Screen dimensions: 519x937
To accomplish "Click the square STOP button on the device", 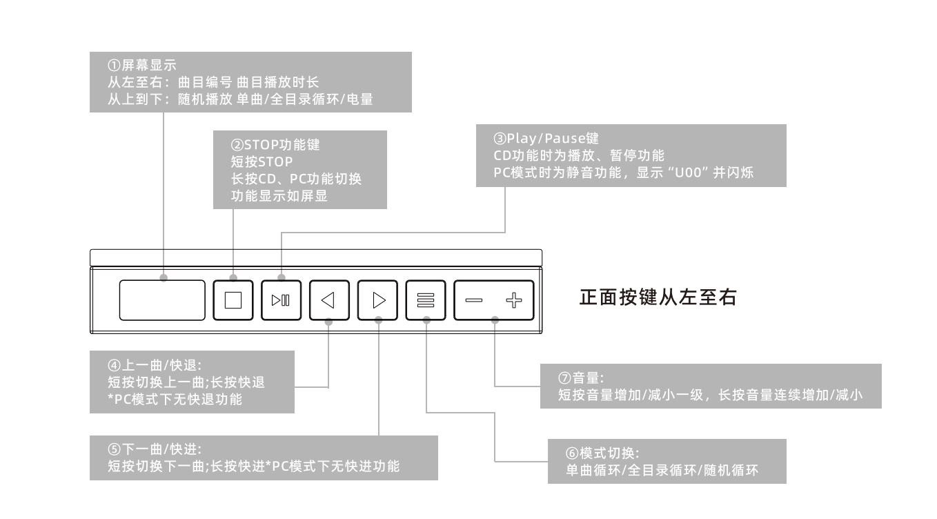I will [233, 300].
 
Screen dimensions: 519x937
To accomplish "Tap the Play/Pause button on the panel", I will [282, 300].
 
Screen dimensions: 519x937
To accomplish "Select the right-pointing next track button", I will [378, 300].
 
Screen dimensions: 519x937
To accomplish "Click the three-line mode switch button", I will [426, 300].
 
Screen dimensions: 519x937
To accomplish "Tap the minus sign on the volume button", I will [474, 300].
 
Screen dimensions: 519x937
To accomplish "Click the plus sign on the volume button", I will [515, 300].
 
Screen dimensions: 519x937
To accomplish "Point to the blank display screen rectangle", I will [162, 300].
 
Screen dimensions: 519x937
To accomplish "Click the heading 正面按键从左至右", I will [658, 298].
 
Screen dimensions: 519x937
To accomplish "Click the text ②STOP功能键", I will [275, 146].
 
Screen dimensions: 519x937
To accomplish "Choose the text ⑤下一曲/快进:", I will [154, 450].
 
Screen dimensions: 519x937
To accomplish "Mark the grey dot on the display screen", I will [164, 278].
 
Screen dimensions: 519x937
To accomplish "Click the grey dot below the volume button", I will [495, 320].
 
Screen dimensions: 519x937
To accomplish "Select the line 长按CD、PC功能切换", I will [297, 179].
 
